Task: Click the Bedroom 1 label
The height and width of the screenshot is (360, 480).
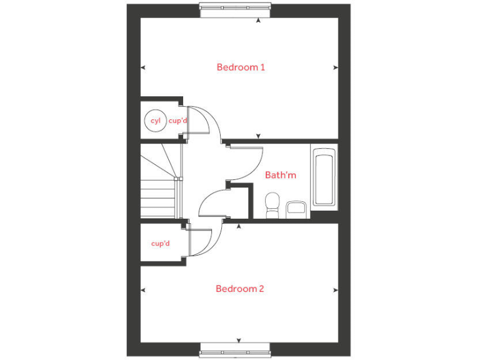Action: point(241,67)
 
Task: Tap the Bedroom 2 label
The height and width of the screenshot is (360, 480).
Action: point(240,289)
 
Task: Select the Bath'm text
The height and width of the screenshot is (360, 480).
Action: point(280,175)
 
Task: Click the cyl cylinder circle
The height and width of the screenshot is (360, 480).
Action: point(155,121)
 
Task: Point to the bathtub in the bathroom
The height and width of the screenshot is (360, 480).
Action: point(324,177)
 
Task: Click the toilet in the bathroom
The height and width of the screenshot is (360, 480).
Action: point(272,205)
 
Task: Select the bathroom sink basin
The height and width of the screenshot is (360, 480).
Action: point(295,209)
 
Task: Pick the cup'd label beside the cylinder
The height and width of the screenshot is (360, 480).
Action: point(178,121)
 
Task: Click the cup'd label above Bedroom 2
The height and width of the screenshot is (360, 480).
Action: point(161,243)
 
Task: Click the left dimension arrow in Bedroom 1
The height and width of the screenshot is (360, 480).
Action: point(143,67)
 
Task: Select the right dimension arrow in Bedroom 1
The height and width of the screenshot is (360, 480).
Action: point(336,67)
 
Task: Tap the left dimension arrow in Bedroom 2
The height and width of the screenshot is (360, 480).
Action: point(143,289)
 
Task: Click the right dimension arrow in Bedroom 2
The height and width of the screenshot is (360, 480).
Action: point(336,289)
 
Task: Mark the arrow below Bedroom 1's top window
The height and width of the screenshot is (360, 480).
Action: point(259,20)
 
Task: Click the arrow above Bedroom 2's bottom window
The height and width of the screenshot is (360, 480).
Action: point(239,341)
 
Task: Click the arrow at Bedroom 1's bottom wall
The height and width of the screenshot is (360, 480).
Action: point(259,136)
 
